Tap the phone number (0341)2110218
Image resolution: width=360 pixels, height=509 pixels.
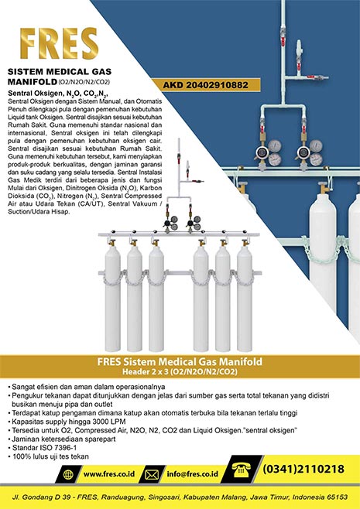click(303, 470)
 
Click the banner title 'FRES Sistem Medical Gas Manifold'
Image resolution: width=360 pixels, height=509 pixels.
click(180, 361)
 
